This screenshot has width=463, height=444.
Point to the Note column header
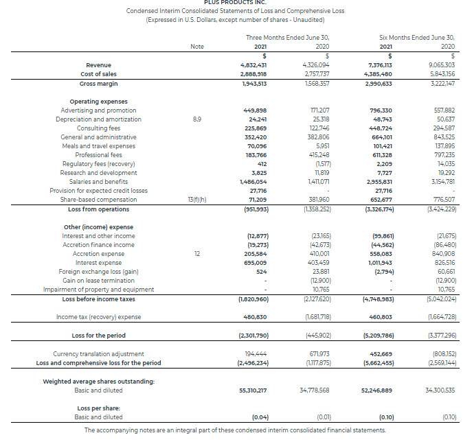coord(196,46)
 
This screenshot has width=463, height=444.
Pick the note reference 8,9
coord(197,119)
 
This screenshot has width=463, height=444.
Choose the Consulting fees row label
coord(98,128)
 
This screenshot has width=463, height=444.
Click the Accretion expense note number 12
coord(197,253)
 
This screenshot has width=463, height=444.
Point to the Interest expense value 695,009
coord(255,262)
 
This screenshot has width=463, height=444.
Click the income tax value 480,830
coord(255,316)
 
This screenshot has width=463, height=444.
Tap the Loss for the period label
coord(99,335)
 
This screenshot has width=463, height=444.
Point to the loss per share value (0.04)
coord(260,417)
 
